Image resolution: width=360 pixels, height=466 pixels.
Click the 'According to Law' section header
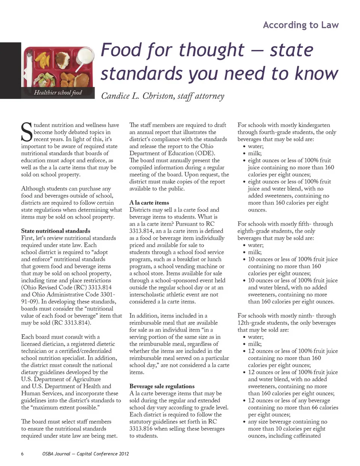coord(301,25)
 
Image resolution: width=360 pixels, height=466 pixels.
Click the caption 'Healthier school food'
coord(58,93)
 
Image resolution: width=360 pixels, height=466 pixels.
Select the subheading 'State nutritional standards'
coord(55,231)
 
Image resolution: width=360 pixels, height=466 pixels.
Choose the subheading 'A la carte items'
coord(149,203)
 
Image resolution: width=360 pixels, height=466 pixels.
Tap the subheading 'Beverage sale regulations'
coord(162,386)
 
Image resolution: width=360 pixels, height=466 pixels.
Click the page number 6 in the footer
coord(22,454)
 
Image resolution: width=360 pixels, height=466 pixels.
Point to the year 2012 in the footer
coord(124,454)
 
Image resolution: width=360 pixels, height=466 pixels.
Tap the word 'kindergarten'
coord(312,125)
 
